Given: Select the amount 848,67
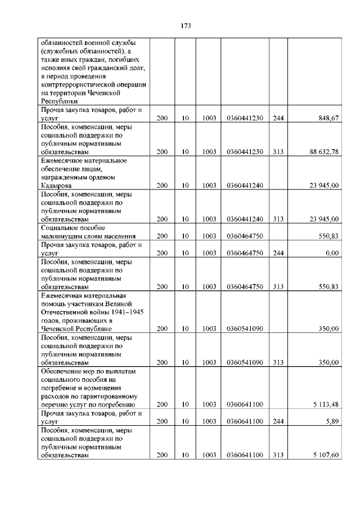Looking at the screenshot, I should pyautogui.click(x=328, y=118).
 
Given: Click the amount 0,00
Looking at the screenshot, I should pyautogui.click(x=332, y=253).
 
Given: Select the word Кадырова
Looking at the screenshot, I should pyautogui.click(x=56, y=185).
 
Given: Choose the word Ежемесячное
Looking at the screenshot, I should pyautogui.click(x=62, y=160).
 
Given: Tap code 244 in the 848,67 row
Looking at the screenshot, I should pyautogui.click(x=278, y=118).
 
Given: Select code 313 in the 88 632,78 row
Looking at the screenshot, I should pyautogui.click(x=278, y=151).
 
